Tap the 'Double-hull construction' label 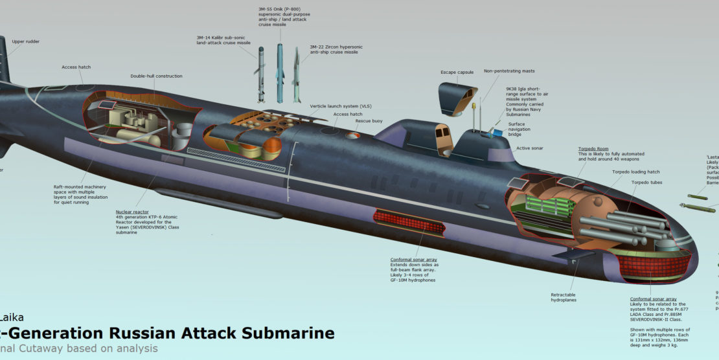[x=156, y=76]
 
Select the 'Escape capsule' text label [x=457, y=72]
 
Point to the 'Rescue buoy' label [x=368, y=120]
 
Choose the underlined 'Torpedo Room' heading [x=593, y=148]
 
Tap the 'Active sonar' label [x=530, y=148]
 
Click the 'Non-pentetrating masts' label [x=509, y=71]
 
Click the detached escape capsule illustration [x=459, y=96]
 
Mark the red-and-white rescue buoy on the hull [x=352, y=135]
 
